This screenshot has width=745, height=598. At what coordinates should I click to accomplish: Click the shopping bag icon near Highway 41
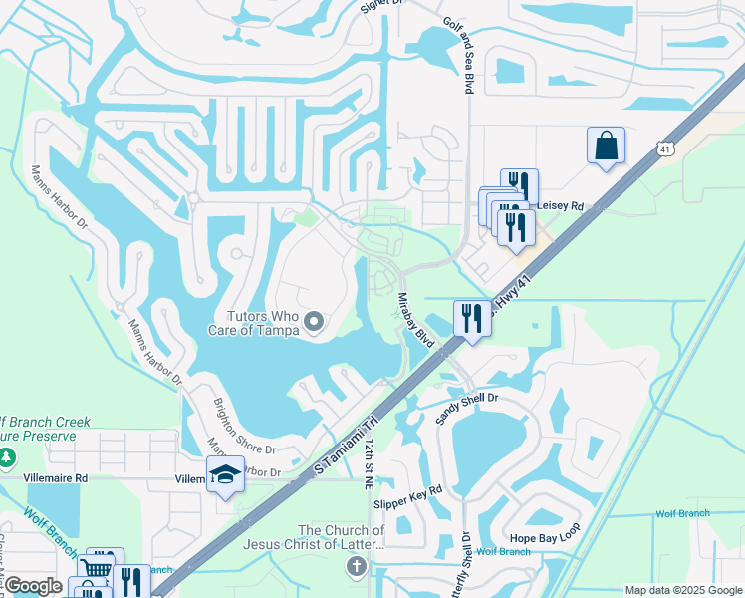(606, 147)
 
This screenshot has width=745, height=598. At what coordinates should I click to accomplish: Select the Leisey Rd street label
(560, 206)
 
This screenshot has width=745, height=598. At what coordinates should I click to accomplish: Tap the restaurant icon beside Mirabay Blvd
(471, 318)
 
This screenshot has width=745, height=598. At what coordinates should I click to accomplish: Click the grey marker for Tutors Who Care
(315, 321)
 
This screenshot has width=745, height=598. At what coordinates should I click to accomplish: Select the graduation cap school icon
(225, 477)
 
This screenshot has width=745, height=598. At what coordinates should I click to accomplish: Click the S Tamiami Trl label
(347, 446)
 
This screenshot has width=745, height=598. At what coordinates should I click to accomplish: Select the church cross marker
(356, 568)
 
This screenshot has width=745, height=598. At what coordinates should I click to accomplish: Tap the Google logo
(33, 586)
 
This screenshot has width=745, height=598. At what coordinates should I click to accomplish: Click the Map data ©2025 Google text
(682, 590)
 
